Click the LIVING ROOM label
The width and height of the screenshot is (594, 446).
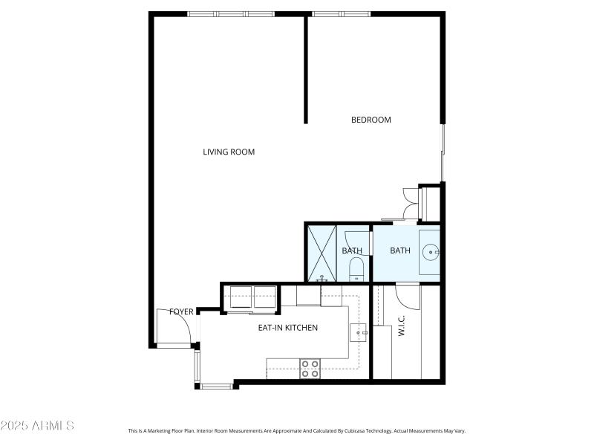[x=229, y=152]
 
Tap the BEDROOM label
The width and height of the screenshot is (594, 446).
[x=371, y=120]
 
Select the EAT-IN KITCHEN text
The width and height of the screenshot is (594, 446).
[x=287, y=328]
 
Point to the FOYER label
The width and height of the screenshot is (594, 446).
[x=181, y=311]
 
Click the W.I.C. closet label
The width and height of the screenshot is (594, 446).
[x=401, y=327]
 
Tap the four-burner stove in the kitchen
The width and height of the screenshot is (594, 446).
[x=310, y=369]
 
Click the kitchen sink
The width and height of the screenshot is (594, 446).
[x=359, y=332]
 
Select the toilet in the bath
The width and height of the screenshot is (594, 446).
[x=356, y=268]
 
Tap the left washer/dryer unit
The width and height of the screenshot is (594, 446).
[x=241, y=295]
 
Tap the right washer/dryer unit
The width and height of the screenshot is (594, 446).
[x=264, y=295]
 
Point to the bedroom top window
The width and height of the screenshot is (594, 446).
[x=341, y=13]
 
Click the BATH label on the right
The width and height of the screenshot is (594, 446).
[x=400, y=251]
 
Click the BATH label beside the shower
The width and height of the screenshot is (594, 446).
[x=352, y=251]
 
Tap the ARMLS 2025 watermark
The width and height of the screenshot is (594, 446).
[x=37, y=426]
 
